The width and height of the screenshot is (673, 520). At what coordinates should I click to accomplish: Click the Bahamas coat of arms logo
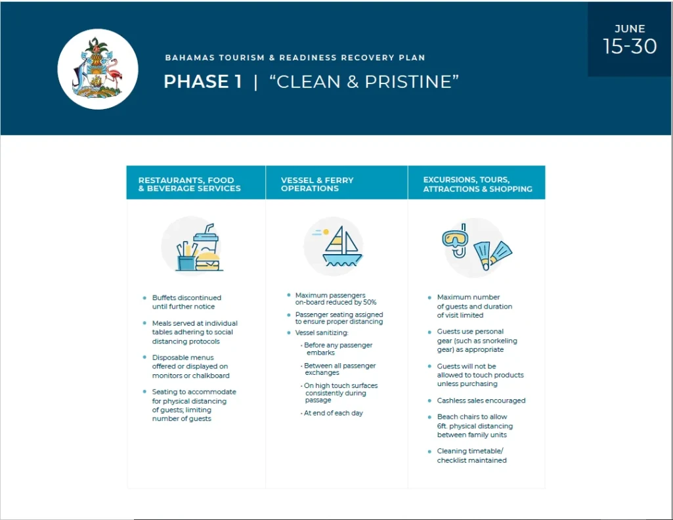click(x=98, y=69)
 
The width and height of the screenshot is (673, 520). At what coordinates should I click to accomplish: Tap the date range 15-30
click(x=630, y=47)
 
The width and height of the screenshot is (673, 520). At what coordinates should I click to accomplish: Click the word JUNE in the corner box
click(x=630, y=29)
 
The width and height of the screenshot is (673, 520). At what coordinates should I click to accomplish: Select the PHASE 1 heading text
click(x=202, y=81)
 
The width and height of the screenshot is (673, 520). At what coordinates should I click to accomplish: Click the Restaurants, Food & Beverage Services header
click(x=189, y=184)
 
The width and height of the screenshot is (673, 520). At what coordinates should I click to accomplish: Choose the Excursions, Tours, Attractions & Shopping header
click(x=477, y=184)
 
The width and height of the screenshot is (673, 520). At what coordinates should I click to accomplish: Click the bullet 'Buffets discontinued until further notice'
click(x=186, y=302)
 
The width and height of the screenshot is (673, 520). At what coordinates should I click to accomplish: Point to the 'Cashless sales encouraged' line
click(x=481, y=401)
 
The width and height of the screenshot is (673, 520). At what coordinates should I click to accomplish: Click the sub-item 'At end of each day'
click(x=334, y=413)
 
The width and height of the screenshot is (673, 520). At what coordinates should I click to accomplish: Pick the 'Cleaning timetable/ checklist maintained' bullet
click(x=471, y=456)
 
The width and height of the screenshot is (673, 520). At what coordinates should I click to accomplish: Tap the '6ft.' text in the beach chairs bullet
click(x=446, y=426)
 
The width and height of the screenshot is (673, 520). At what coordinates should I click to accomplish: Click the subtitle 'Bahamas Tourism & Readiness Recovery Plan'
click(x=295, y=58)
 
